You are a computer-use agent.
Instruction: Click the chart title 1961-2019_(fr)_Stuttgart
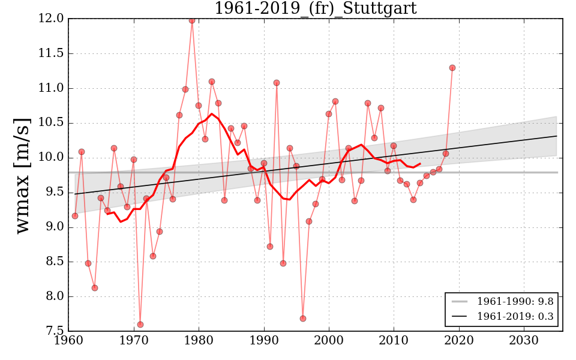(x=315, y=8)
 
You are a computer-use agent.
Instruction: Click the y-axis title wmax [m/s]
(x=23, y=175)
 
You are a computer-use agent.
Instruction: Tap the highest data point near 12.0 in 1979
(x=192, y=20)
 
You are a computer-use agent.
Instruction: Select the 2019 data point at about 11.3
(x=452, y=68)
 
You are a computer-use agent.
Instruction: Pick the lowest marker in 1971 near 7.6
(x=140, y=325)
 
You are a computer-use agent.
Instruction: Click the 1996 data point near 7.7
(x=303, y=319)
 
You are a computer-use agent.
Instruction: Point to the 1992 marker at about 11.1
(x=277, y=83)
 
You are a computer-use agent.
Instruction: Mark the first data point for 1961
(x=75, y=216)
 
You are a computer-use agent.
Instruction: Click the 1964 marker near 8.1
(x=95, y=288)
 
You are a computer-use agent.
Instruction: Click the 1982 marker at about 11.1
(x=212, y=82)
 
